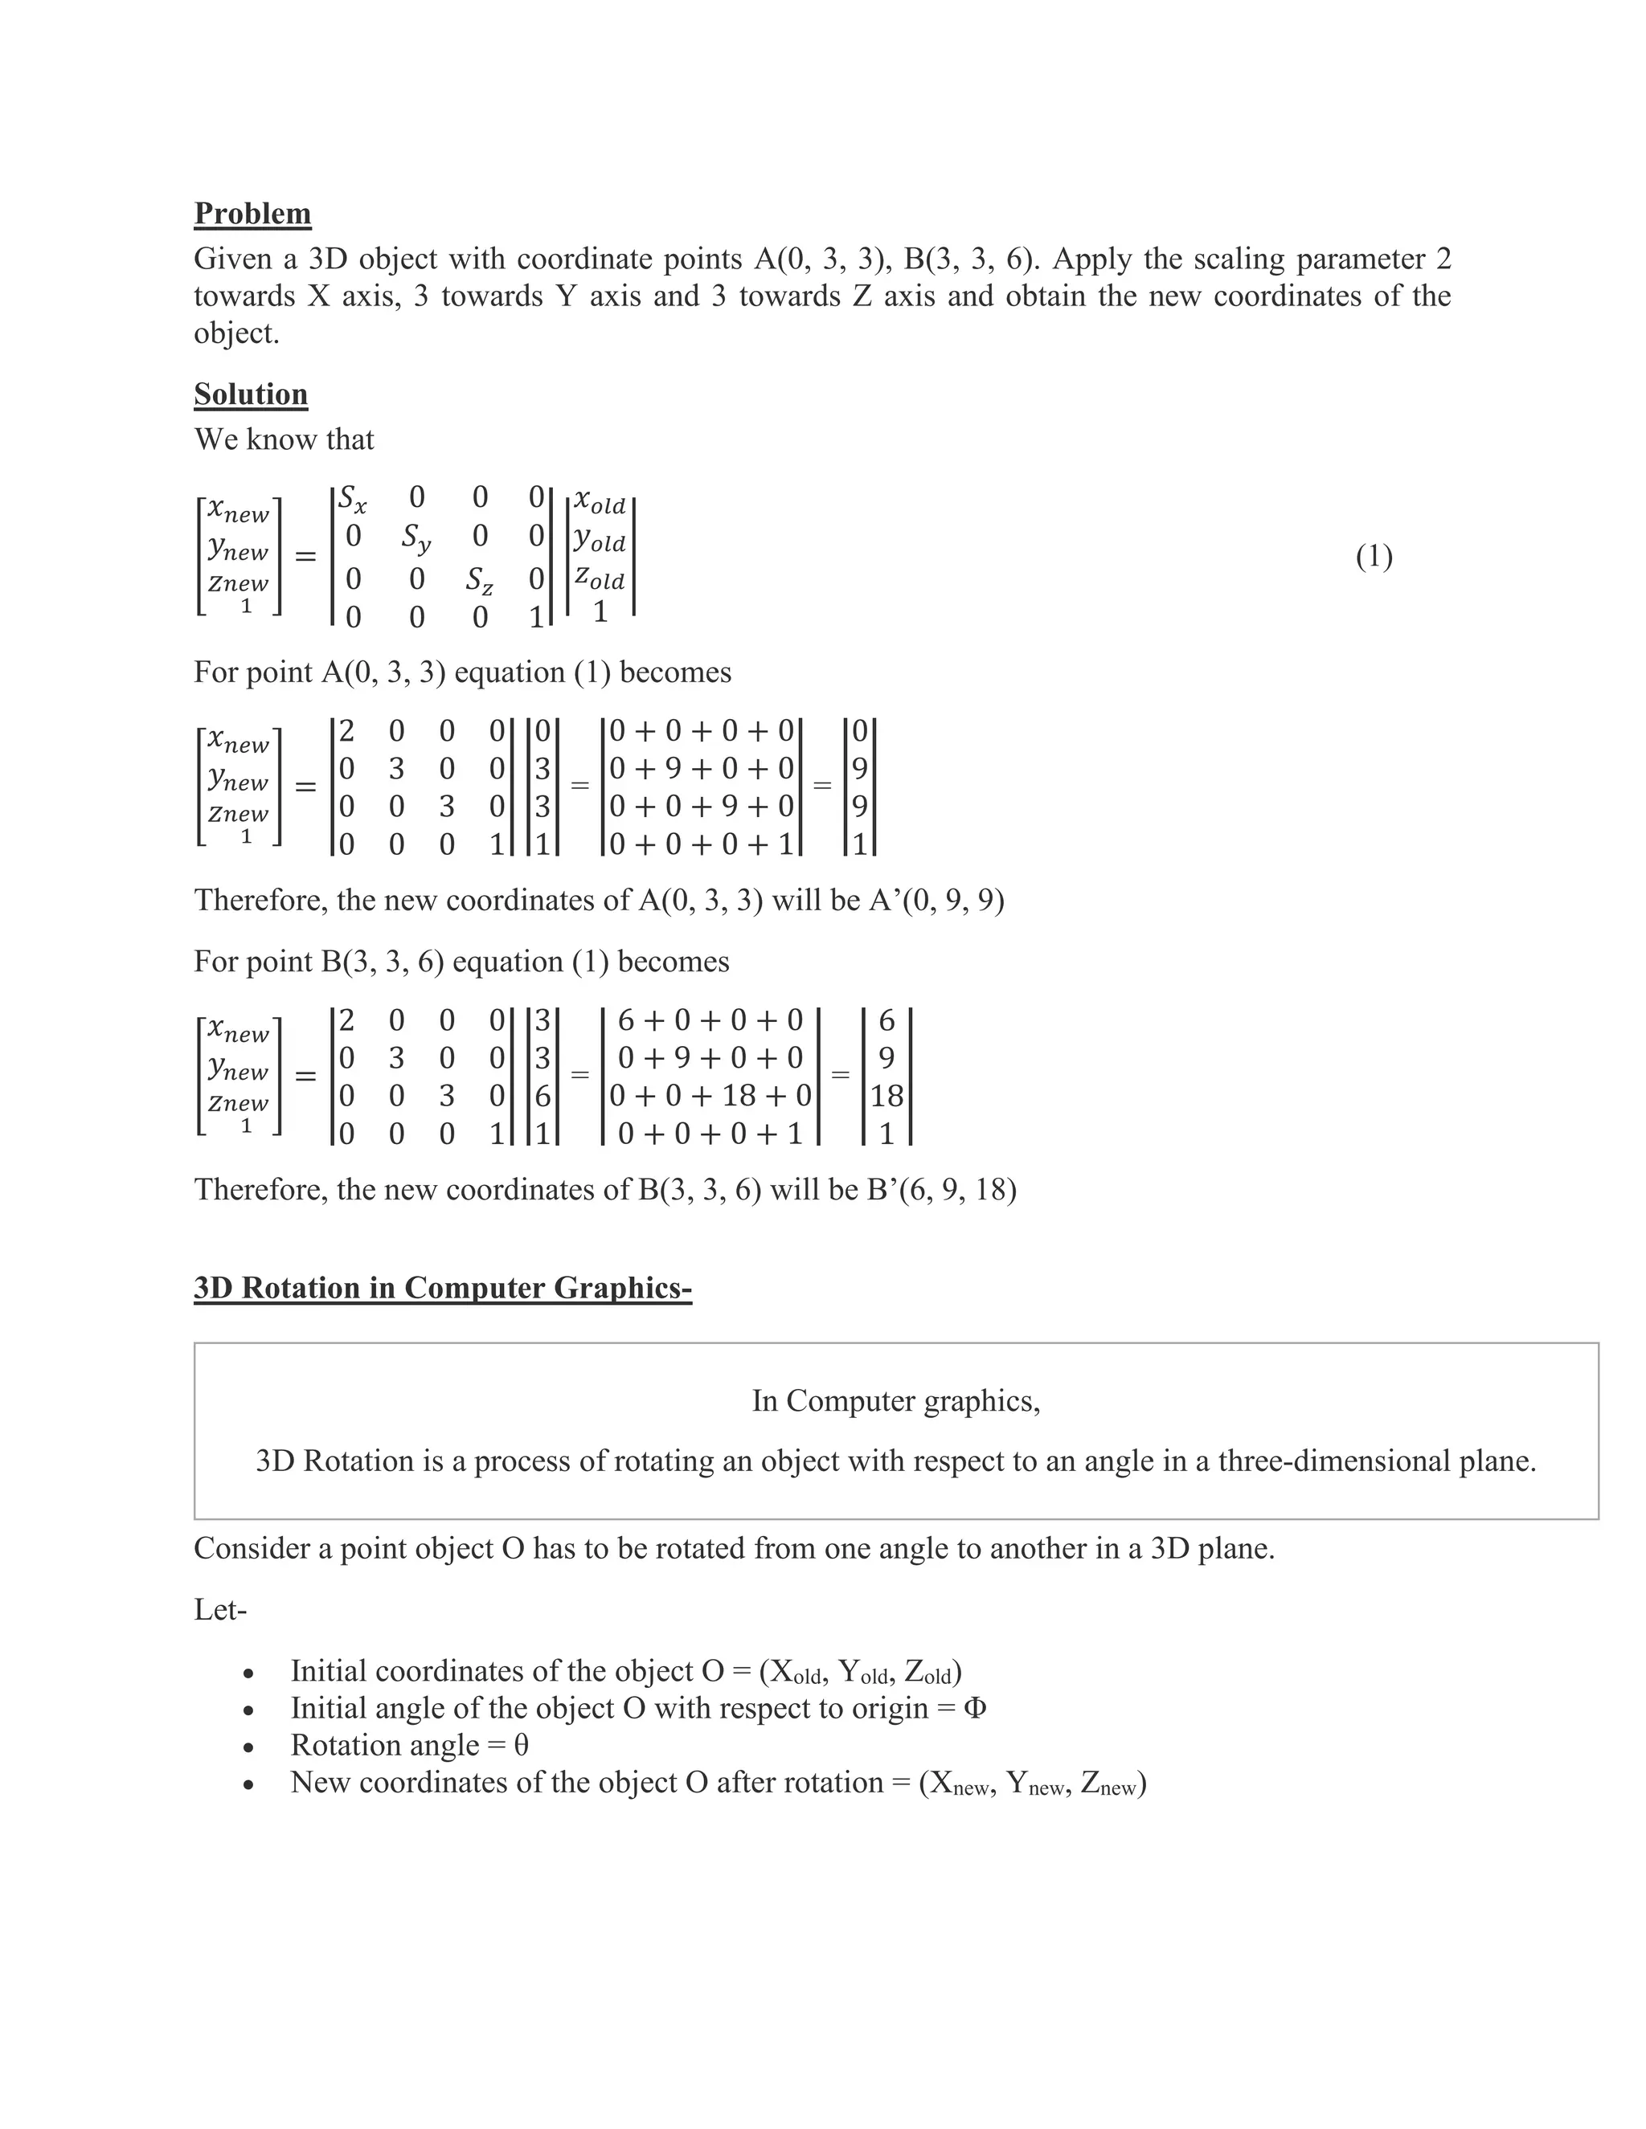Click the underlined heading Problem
click(x=252, y=214)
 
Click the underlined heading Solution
click(x=251, y=394)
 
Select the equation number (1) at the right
click(x=1374, y=557)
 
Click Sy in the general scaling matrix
click(x=416, y=537)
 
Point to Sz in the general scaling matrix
click(x=479, y=581)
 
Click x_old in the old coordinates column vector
click(x=600, y=502)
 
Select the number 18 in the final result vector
click(x=886, y=1096)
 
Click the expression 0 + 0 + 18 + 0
click(x=710, y=1096)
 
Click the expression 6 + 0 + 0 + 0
click(x=710, y=1020)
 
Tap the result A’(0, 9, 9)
click(x=942, y=900)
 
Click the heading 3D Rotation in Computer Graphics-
click(x=443, y=1288)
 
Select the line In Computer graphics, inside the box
click(x=895, y=1401)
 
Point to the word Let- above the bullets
click(x=220, y=1609)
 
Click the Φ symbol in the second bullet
click(x=974, y=1709)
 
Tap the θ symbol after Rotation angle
click(x=521, y=1746)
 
